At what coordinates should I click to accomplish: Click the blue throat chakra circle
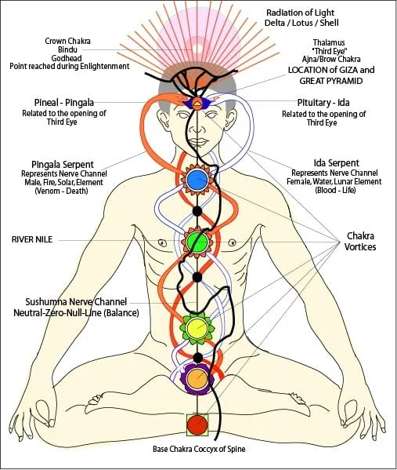coord(197,180)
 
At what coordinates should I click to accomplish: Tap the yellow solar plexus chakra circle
coord(196,326)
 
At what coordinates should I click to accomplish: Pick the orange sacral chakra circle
coord(196,379)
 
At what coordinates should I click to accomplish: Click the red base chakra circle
coord(197,425)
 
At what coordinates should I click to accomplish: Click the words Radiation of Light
coord(301,12)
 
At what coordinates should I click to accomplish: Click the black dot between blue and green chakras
coord(197,210)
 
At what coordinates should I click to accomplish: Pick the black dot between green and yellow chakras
coord(197,276)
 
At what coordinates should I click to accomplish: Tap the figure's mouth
coord(197,142)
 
